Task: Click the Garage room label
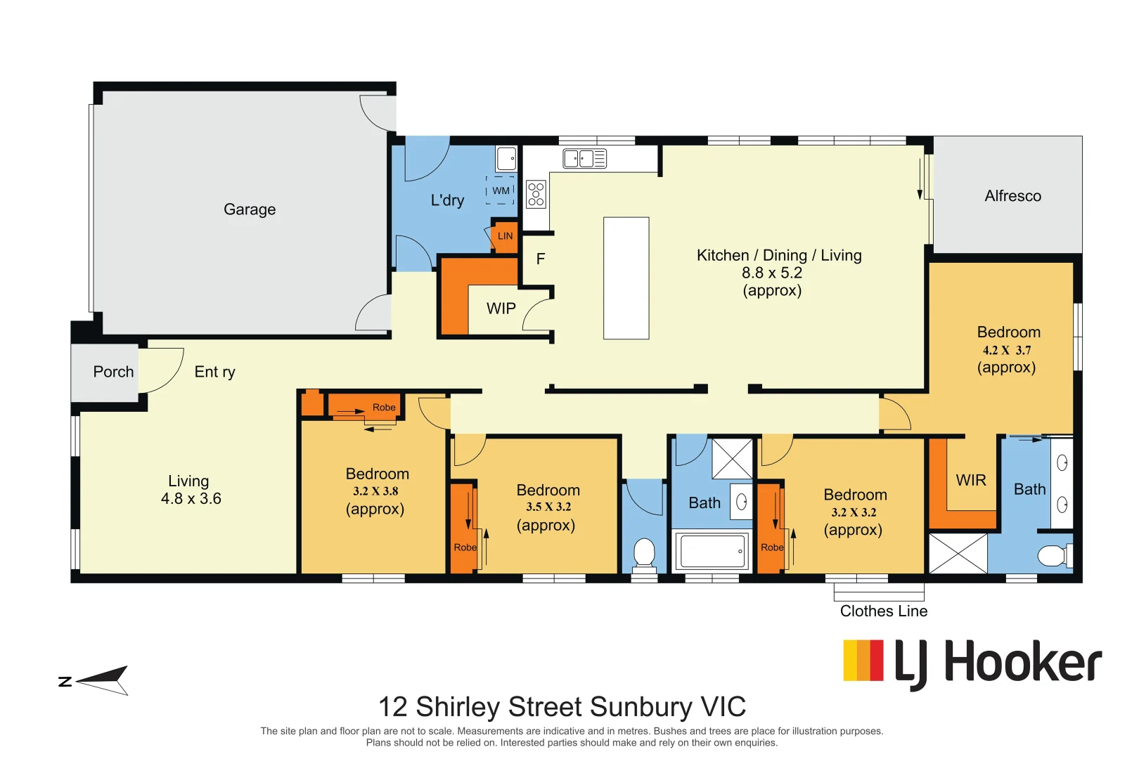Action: (250, 209)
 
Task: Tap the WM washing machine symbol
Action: (501, 190)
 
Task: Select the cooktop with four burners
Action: (536, 194)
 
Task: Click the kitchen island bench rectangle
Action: (626, 278)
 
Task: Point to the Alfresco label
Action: (1012, 196)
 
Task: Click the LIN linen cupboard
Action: (505, 236)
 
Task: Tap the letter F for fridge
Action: (541, 259)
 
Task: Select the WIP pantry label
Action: (501, 309)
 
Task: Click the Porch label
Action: (113, 372)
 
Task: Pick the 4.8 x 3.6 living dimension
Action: (191, 499)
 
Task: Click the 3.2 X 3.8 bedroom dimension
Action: (375, 491)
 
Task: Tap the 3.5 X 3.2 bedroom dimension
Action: (548, 507)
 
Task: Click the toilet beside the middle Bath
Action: (644, 552)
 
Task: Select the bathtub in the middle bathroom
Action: (712, 551)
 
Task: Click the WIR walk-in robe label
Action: (971, 480)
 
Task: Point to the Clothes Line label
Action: (884, 611)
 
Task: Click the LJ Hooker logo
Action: (972, 662)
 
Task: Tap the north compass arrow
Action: (102, 680)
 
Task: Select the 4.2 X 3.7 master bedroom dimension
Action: (1007, 350)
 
